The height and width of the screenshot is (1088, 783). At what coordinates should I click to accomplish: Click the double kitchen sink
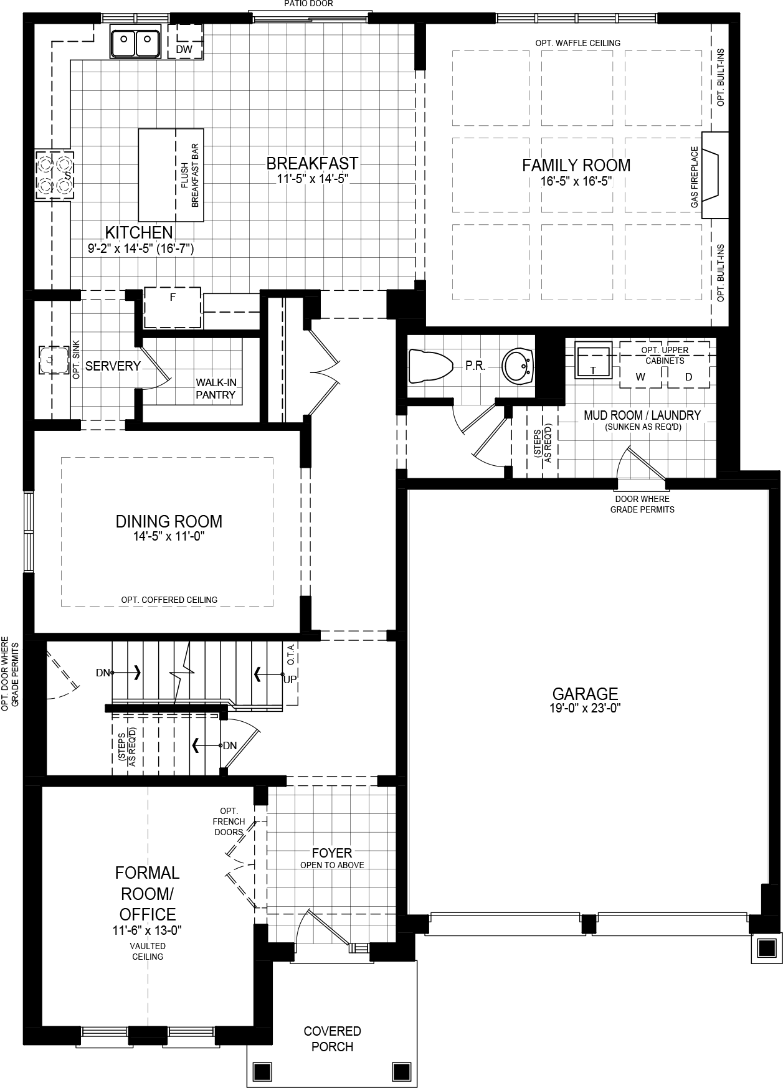(x=135, y=42)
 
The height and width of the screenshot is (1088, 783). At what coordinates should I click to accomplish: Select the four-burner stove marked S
(x=54, y=174)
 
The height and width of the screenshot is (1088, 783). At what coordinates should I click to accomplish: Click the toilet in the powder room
(x=429, y=366)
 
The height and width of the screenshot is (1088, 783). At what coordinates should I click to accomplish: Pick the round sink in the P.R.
(x=518, y=366)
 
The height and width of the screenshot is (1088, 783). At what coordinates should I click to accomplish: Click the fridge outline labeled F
(x=173, y=306)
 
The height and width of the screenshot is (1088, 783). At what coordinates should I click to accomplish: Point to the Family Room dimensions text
(x=576, y=182)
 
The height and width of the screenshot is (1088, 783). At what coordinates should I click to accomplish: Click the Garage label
(x=585, y=693)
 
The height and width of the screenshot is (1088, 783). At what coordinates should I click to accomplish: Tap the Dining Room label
(x=169, y=521)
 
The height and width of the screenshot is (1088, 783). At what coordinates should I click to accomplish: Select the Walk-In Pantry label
(x=216, y=389)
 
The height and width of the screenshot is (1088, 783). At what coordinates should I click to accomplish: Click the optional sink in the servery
(x=54, y=360)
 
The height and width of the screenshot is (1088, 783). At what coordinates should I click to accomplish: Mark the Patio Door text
(x=308, y=4)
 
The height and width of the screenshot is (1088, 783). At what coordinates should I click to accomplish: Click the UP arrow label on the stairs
(x=290, y=679)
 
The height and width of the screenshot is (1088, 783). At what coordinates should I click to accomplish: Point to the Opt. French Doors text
(x=229, y=821)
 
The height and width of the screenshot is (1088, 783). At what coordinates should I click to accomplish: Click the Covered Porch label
(x=332, y=1039)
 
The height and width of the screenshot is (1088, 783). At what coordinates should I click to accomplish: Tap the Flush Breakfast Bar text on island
(x=189, y=175)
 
